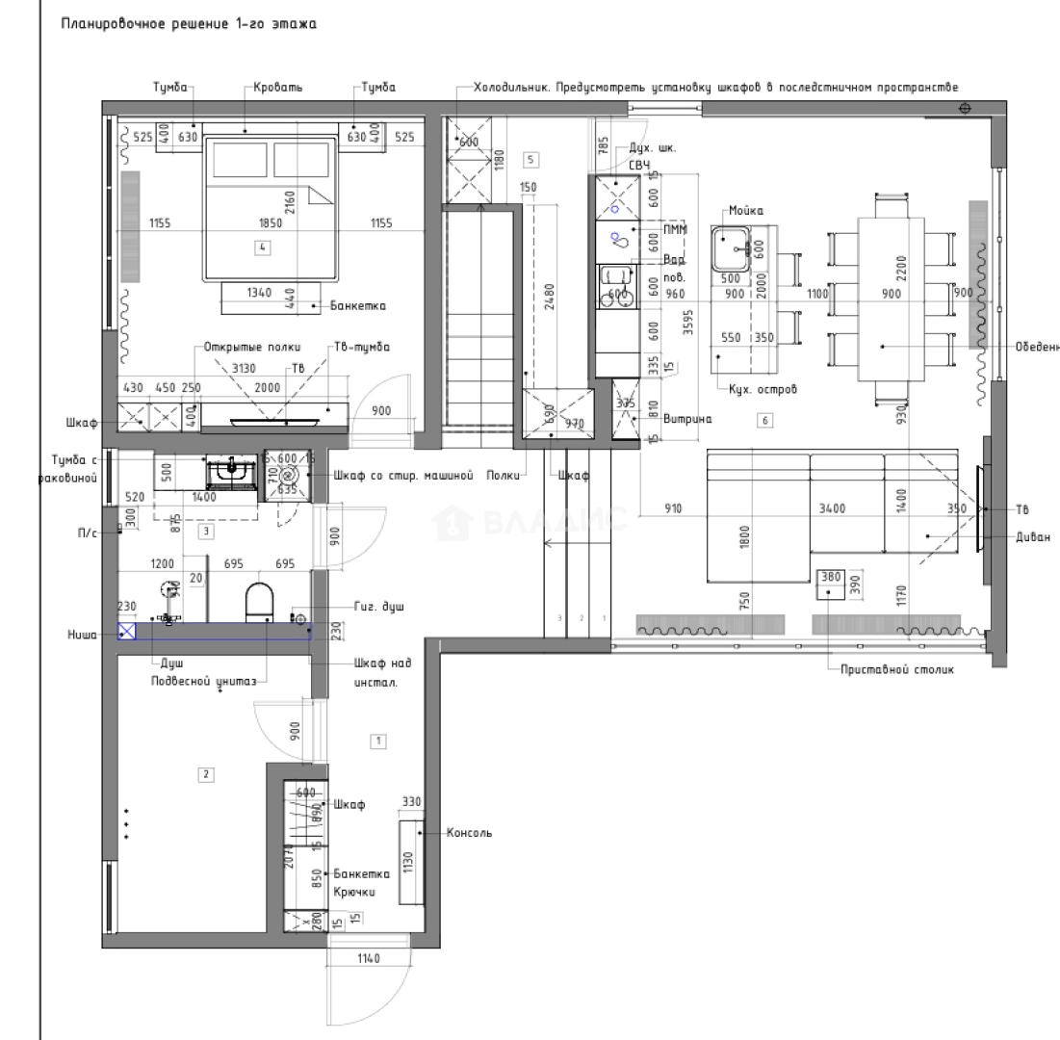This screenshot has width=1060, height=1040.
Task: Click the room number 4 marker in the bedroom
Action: pyautogui.click(x=263, y=247)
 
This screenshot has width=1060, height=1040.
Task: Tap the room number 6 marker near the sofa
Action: pyautogui.click(x=765, y=420)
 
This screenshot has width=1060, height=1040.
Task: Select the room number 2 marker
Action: pyautogui.click(x=204, y=772)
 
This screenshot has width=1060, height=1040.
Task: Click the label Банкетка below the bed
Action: pyautogui.click(x=356, y=306)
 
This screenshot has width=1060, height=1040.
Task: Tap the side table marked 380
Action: pyautogui.click(x=830, y=584)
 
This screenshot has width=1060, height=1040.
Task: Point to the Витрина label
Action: pyautogui.click(x=687, y=419)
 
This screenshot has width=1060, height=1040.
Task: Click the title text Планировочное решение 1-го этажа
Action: pyautogui.click(x=189, y=24)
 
